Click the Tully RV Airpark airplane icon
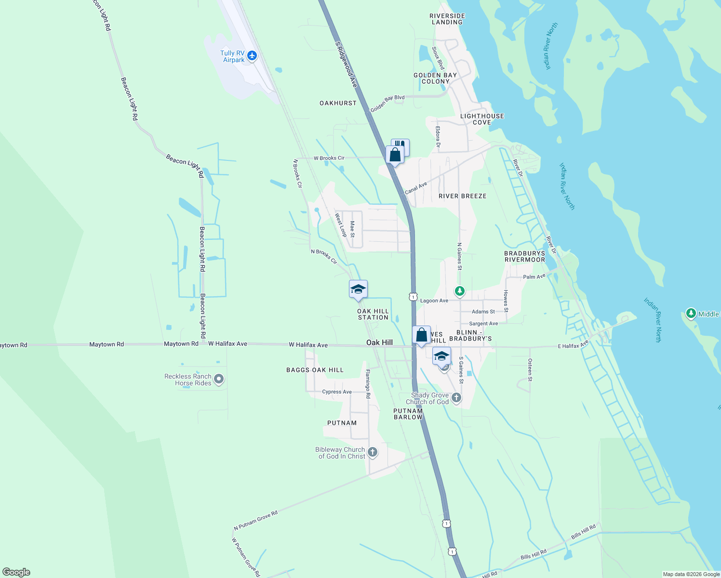[252, 56]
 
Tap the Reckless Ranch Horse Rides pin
[219, 380]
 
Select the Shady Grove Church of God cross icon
[456, 398]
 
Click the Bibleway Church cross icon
[372, 452]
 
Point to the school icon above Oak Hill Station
[358, 289]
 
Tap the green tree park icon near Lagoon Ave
[460, 291]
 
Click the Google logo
[16, 572]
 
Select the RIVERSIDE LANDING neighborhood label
[447, 19]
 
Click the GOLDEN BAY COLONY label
[435, 79]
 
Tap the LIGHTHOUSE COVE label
[482, 119]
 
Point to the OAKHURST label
[338, 103]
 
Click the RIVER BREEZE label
[463, 196]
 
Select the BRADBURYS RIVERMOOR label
[525, 256]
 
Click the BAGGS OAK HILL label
[315, 370]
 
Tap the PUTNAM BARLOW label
[408, 414]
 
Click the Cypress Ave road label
[337, 392]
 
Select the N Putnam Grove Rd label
[256, 521]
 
